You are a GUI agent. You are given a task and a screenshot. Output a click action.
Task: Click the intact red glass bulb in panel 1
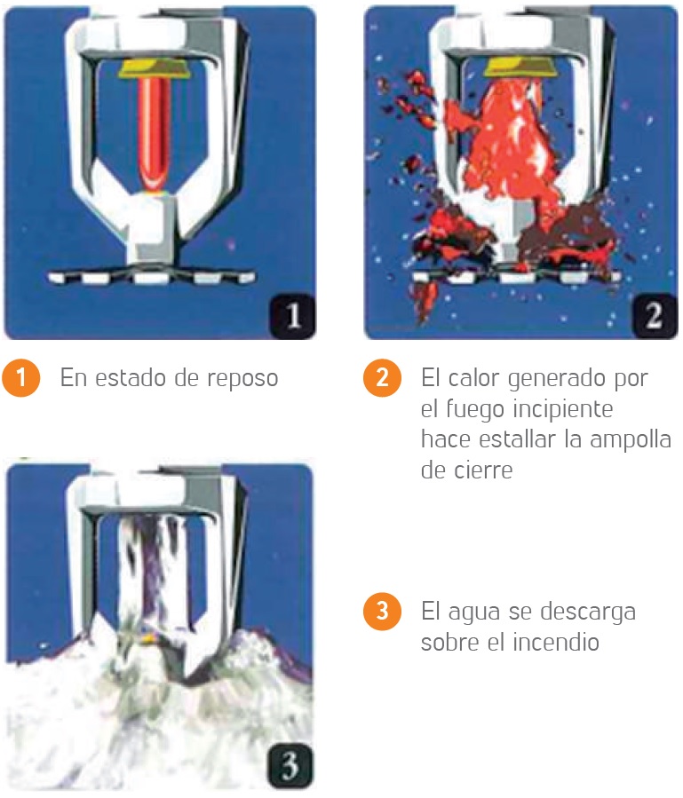point(152,133)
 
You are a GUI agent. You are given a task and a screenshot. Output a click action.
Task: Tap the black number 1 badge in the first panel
point(293,315)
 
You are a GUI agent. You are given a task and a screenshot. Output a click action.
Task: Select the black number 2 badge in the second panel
point(655,315)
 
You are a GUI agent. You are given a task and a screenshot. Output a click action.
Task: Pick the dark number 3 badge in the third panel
point(290,766)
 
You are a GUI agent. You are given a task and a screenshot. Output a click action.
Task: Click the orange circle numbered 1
point(21,377)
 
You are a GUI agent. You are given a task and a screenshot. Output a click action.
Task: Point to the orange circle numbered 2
point(382,377)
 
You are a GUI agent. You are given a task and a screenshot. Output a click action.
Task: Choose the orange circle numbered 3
point(382,611)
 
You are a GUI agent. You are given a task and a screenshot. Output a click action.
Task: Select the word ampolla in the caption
point(631,440)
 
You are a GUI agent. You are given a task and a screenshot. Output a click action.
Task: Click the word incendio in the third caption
point(556,642)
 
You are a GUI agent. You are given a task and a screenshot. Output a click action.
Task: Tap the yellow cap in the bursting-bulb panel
point(520,67)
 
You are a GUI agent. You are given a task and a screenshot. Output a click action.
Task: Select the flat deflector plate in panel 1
point(151,276)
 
